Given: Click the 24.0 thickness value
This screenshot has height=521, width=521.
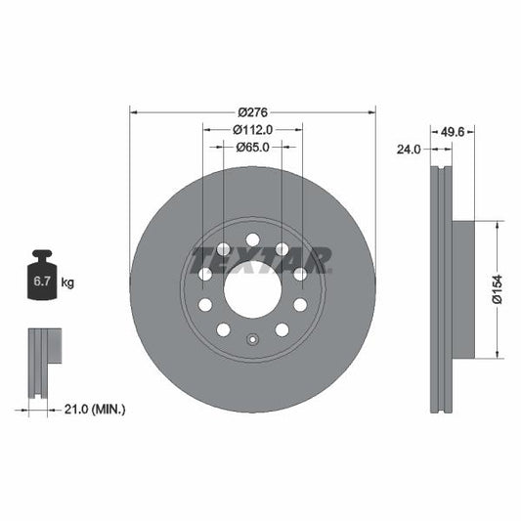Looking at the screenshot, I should (x=409, y=150).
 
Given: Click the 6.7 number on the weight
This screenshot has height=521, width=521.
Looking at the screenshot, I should (x=42, y=283).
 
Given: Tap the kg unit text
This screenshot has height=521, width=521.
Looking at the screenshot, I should (x=67, y=283).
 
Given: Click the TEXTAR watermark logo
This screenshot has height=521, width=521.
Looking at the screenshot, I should (x=261, y=259).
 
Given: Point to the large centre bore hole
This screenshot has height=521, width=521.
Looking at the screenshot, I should (x=252, y=289).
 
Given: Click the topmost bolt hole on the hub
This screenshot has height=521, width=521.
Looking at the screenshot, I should (x=252, y=239).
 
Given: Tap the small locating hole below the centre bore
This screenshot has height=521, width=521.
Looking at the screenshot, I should (x=252, y=341).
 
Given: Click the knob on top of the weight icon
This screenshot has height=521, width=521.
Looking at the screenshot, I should (x=42, y=256).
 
